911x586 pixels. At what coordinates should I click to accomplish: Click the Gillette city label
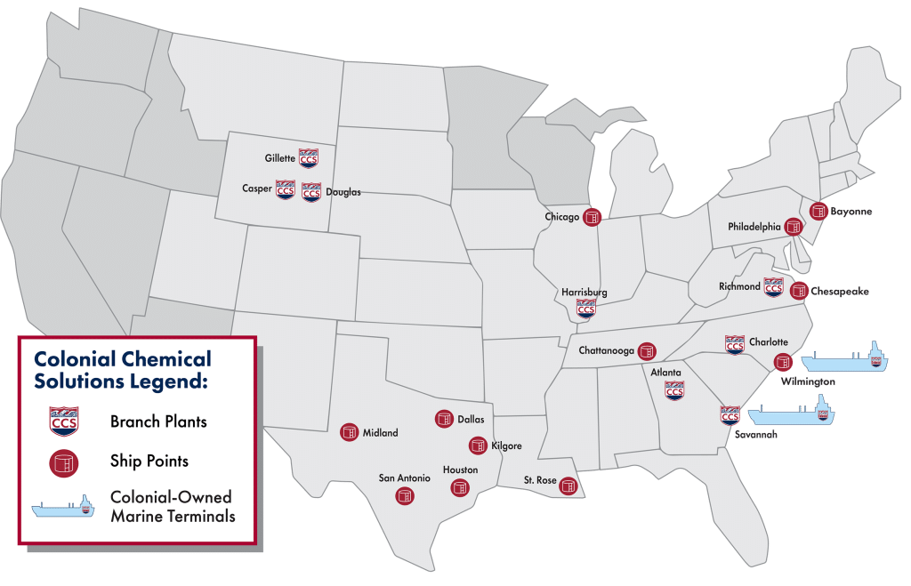[279, 158]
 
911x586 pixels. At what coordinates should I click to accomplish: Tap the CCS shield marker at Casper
[285, 189]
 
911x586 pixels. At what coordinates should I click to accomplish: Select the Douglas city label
[343, 192]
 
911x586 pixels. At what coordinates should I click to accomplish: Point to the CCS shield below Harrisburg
[585, 309]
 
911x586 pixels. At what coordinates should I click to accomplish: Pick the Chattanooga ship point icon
[647, 350]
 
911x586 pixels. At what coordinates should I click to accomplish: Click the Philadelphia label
[753, 227]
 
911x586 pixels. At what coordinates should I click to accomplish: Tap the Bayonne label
[851, 213]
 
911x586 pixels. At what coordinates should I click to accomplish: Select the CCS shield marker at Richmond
[773, 286]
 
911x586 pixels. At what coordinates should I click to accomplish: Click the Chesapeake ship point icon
[799, 291]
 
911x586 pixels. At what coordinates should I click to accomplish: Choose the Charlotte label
[768, 341]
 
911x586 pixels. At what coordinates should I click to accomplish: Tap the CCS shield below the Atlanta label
[674, 389]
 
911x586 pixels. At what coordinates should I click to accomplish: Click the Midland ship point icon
[349, 433]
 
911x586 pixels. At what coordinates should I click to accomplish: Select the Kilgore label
[506, 446]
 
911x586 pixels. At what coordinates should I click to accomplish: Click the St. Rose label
[540, 481]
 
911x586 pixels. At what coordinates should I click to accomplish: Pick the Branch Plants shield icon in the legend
[63, 421]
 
